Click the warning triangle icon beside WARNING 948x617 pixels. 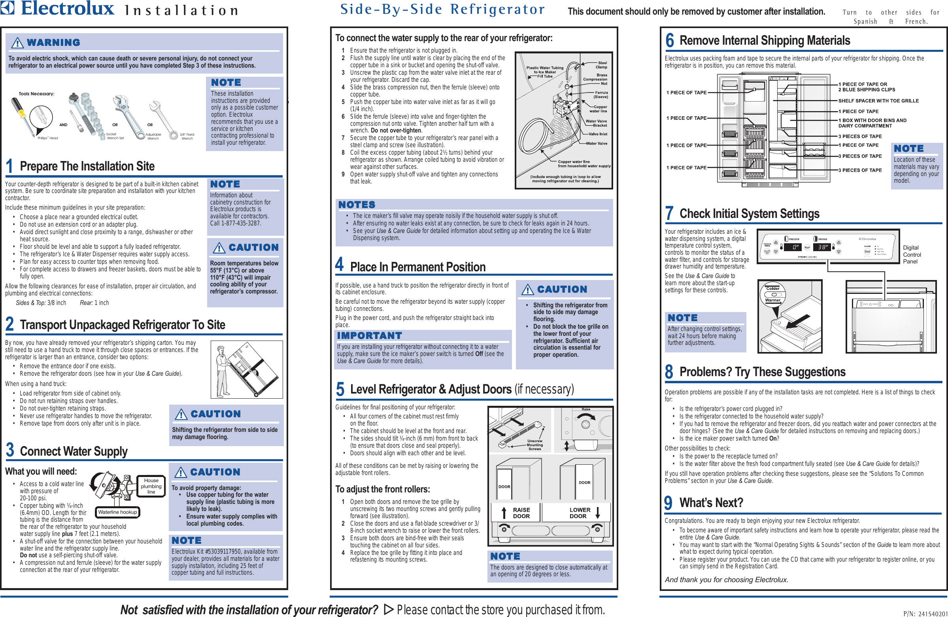point(17,43)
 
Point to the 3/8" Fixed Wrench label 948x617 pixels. point(187,136)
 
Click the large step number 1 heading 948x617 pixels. point(9,166)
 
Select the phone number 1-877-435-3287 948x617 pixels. point(235,223)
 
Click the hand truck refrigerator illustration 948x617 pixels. point(247,369)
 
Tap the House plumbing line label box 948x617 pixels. point(151,486)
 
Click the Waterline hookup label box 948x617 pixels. point(117,512)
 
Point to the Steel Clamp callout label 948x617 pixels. point(601,65)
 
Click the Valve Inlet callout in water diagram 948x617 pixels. point(597,134)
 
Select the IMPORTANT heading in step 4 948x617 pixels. point(369,336)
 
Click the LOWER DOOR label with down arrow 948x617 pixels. point(584,513)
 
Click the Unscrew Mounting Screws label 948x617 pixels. point(534,445)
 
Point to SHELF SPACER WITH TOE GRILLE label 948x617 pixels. point(878,101)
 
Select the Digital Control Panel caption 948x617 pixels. point(912,254)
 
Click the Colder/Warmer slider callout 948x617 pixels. point(773,294)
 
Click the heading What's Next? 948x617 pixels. point(711,503)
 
